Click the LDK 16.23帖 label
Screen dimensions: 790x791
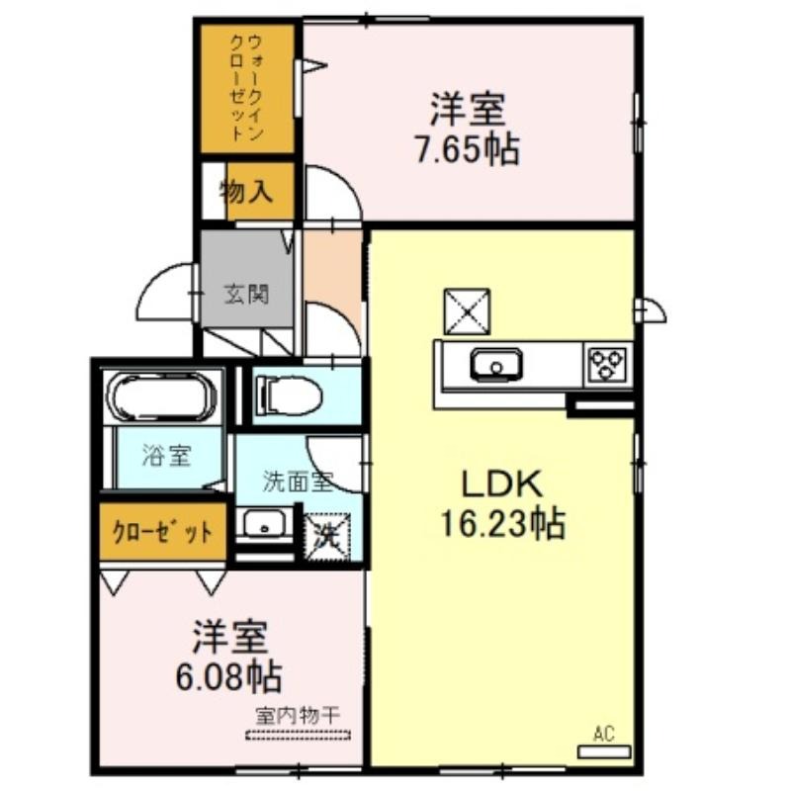point(503,504)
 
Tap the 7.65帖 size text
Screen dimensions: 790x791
point(468,149)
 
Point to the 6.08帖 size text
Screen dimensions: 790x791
point(228,676)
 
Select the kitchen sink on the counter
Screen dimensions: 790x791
point(496,364)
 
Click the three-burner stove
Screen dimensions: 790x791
point(607,364)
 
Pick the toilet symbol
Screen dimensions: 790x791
point(289,395)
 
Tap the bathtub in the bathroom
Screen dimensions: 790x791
point(163,396)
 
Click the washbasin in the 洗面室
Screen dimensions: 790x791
point(264,525)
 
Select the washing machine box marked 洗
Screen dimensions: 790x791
point(326,536)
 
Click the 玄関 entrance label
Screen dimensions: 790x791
point(246,294)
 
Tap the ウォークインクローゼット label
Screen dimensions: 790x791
point(246,87)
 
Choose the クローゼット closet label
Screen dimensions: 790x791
point(162,532)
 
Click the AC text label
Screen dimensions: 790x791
point(603,734)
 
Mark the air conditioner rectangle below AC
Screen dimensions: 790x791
point(604,752)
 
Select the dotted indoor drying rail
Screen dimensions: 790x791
point(298,736)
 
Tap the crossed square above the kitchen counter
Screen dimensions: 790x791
point(467,311)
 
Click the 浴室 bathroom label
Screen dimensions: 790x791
point(166,456)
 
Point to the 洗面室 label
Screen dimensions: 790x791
point(298,482)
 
